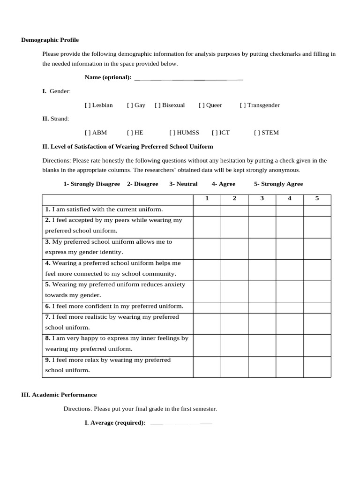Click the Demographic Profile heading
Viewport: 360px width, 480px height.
50,40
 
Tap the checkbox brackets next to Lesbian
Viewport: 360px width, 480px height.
88,105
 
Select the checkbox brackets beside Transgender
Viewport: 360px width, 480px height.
243,105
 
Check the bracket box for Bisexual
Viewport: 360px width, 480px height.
157,105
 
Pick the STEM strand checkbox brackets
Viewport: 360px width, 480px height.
257,133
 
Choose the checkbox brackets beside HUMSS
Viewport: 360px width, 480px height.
172,133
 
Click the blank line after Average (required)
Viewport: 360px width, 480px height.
181,423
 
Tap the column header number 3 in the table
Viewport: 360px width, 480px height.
262,198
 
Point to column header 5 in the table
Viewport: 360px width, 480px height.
317,198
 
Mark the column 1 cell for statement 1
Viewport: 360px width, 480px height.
207,210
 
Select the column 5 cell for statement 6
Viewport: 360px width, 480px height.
317,307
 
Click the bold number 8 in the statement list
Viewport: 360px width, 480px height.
47,338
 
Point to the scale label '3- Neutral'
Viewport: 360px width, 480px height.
183,184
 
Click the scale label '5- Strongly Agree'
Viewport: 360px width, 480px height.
278,184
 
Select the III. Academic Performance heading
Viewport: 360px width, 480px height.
59,395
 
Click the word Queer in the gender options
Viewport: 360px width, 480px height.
214,105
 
